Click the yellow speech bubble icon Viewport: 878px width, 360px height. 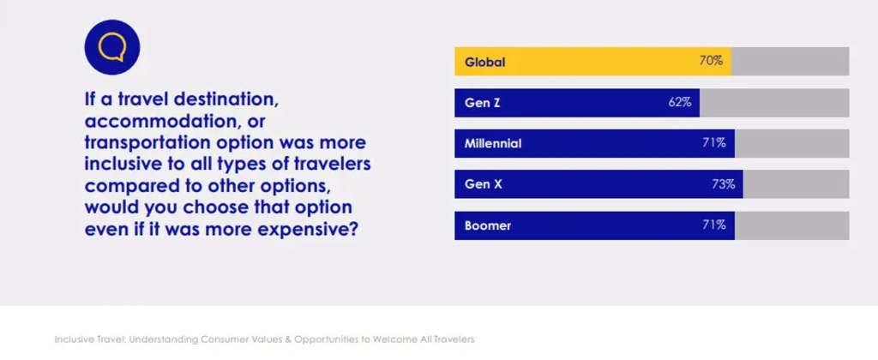click(x=111, y=46)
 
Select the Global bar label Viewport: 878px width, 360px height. click(x=484, y=62)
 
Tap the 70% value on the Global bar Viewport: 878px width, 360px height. click(x=711, y=61)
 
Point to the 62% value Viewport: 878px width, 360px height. click(x=680, y=102)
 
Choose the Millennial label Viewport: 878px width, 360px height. click(x=493, y=143)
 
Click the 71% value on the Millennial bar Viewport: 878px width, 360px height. click(x=714, y=143)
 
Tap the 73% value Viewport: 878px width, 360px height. click(x=723, y=184)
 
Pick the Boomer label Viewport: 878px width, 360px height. click(x=488, y=225)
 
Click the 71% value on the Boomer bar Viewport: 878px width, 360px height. click(x=714, y=225)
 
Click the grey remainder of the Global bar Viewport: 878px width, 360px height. click(x=790, y=62)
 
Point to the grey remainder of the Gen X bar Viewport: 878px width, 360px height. click(x=796, y=184)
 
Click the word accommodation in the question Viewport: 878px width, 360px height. click(x=153, y=121)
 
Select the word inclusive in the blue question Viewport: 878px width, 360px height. click(x=127, y=164)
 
